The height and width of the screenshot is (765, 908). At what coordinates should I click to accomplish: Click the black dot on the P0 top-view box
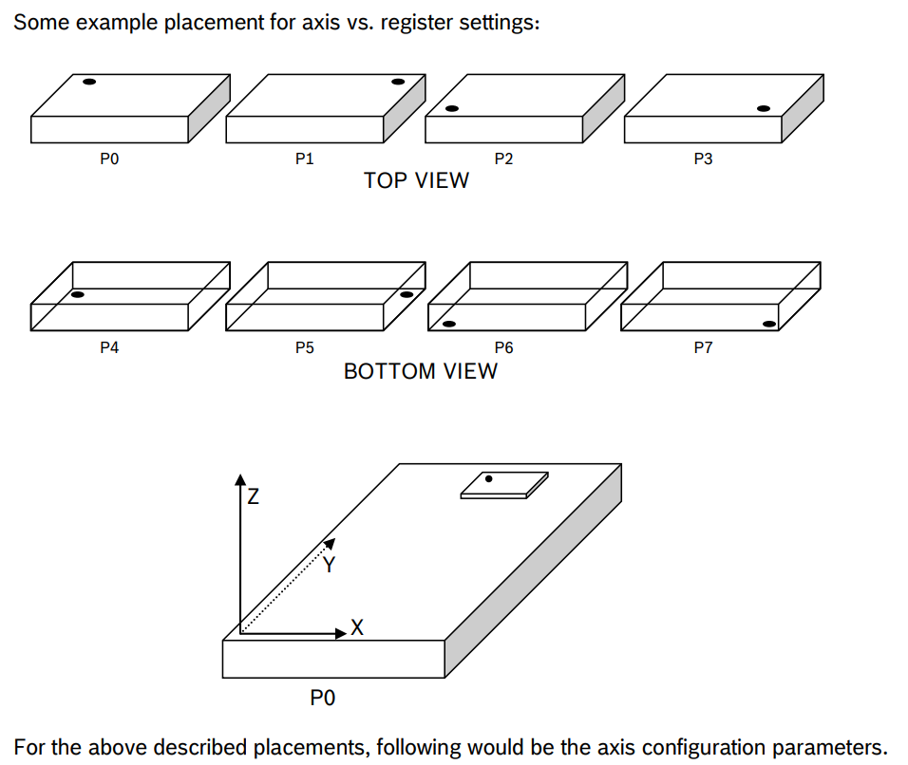(89, 83)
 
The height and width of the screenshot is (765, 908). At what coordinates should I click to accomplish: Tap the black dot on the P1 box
(398, 83)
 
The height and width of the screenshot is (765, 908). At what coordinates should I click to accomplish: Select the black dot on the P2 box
(452, 109)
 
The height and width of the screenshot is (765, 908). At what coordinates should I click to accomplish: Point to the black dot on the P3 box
(764, 109)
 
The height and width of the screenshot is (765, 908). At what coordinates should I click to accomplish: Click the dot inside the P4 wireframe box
(77, 295)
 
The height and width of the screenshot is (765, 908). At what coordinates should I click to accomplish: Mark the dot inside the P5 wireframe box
(407, 295)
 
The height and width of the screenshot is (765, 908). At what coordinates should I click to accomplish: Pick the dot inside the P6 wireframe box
(449, 324)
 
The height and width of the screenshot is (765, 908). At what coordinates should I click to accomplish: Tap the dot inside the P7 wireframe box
(769, 324)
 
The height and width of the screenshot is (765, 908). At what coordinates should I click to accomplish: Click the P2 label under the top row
(504, 159)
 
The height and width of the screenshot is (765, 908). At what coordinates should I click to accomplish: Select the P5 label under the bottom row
(305, 348)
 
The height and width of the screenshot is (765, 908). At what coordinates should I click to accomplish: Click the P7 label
(703, 348)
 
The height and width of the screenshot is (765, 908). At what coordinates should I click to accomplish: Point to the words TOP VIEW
(416, 180)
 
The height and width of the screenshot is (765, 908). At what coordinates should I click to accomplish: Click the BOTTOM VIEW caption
(420, 371)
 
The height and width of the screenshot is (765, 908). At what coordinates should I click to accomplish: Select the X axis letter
(357, 627)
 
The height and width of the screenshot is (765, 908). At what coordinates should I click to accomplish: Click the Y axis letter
(330, 566)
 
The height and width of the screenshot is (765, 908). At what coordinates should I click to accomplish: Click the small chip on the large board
(504, 484)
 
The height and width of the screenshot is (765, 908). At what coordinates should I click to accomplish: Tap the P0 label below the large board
(323, 700)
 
